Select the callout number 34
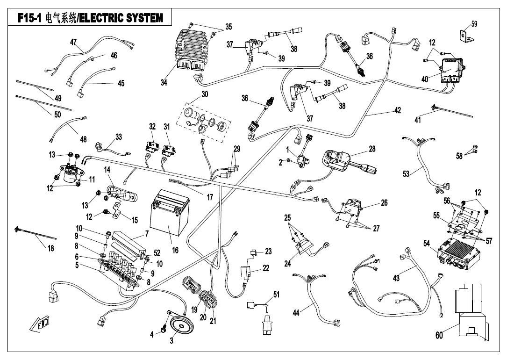[x=164, y=82]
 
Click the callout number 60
[x=440, y=335]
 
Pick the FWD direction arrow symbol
[x=40, y=323]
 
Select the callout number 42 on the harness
[x=397, y=111]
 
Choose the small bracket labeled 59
[x=464, y=36]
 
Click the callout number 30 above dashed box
[x=205, y=94]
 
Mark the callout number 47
[x=73, y=42]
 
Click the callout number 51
[x=276, y=294]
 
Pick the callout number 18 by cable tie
[x=50, y=248]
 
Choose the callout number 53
[x=406, y=174]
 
